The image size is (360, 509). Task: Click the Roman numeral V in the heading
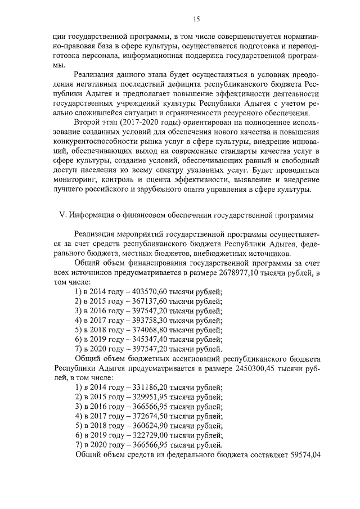pyautogui.click(x=62, y=215)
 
